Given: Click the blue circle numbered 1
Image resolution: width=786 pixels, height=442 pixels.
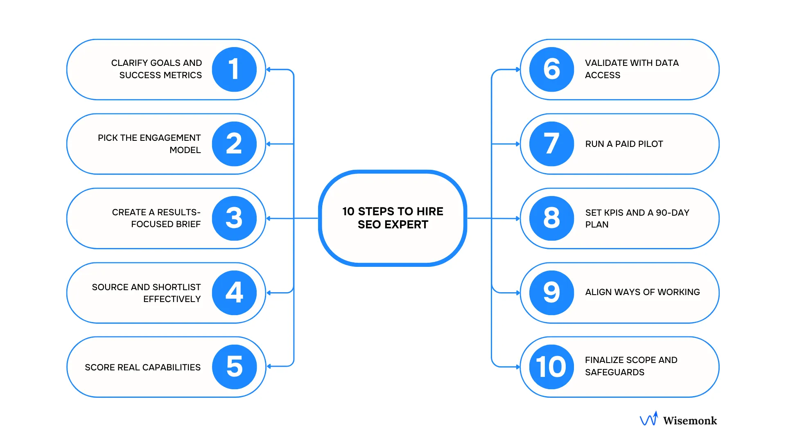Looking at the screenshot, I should [234, 69].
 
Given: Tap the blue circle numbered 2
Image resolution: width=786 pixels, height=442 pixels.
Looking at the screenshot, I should [234, 144].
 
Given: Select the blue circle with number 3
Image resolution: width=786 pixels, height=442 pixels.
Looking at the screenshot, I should [234, 218].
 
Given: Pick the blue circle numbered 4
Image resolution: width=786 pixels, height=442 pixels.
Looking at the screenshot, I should [234, 293].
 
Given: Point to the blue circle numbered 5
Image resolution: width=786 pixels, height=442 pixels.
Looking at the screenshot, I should [234, 367].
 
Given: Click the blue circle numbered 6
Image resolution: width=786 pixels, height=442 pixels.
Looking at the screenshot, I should [551, 69].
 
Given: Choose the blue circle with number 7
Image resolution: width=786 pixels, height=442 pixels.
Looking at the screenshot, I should [551, 144].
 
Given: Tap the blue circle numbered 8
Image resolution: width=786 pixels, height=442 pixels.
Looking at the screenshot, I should [551, 218].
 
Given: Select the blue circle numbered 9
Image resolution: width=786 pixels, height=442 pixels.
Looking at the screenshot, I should [551, 293].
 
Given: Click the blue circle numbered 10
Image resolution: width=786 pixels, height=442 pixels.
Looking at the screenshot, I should [551, 367].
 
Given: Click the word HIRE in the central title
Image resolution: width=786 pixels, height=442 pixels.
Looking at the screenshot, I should [430, 212].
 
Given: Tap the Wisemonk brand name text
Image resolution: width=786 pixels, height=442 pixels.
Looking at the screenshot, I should [690, 421].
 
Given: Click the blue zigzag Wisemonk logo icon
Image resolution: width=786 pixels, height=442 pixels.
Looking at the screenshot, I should [649, 419].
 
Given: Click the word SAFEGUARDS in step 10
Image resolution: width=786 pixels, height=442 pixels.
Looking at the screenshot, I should [614, 372].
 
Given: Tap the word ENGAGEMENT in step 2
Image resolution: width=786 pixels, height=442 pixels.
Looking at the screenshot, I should [170, 138].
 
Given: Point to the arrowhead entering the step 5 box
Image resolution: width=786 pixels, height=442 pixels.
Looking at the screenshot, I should [269, 366].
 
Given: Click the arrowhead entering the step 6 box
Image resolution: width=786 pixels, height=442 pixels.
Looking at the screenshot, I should [518, 70].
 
